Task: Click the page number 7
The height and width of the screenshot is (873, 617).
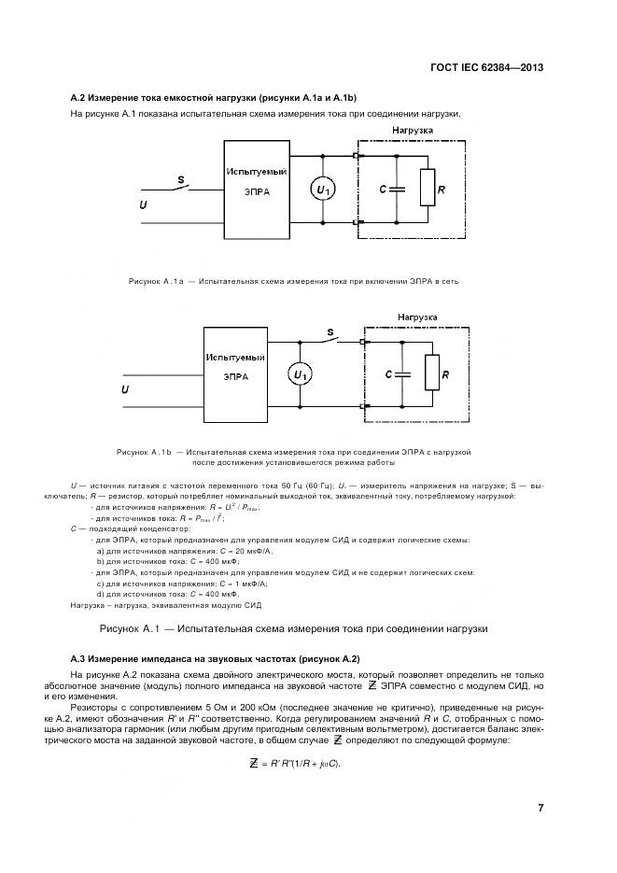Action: (540, 808)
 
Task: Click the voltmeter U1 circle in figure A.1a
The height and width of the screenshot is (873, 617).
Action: (323, 190)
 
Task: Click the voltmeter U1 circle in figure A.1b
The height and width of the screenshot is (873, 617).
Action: (300, 374)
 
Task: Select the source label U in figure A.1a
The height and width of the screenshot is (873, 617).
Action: (143, 204)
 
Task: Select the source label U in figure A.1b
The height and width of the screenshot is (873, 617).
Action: (124, 390)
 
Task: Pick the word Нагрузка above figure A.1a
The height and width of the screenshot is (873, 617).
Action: (412, 131)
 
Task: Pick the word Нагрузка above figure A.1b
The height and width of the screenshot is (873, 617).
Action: (417, 317)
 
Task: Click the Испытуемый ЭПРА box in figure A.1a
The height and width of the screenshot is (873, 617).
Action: (255, 182)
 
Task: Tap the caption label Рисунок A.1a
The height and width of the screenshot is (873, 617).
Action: (153, 280)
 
